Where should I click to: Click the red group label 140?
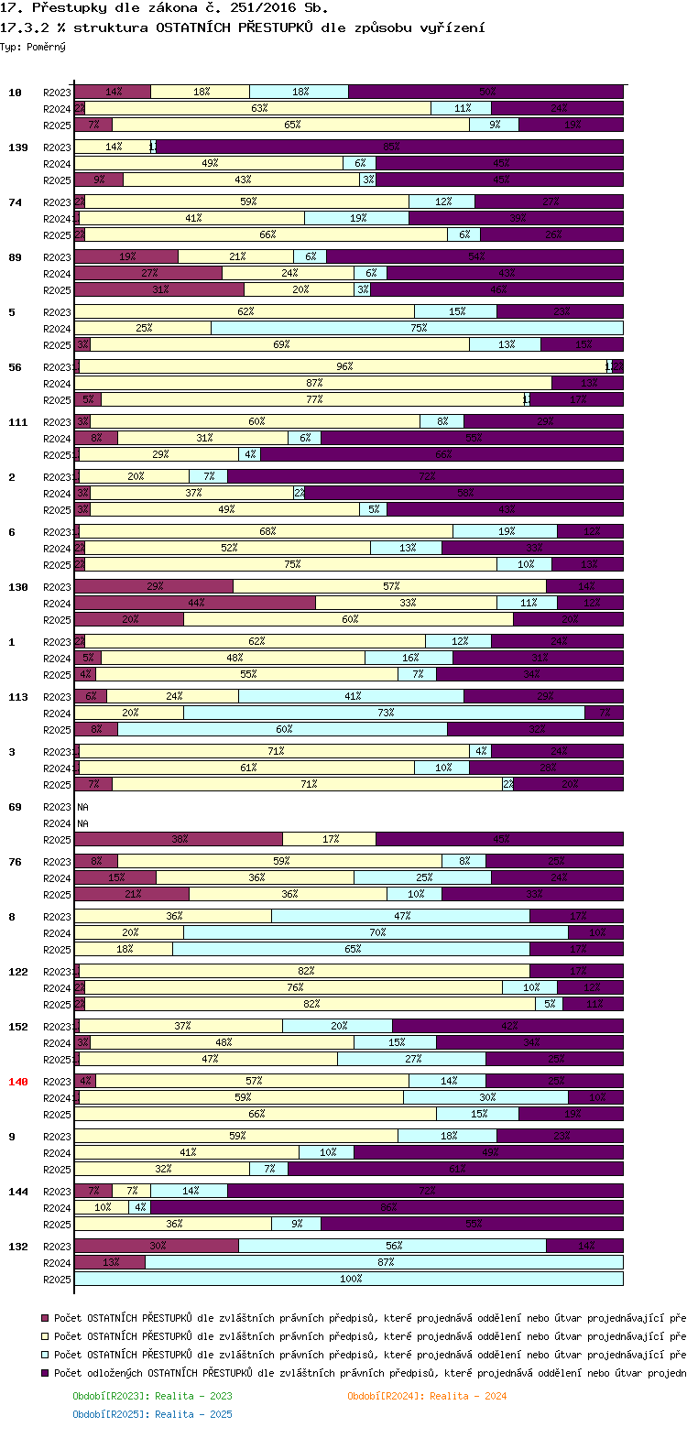tap(18, 1082)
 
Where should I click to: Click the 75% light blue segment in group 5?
tap(417, 328)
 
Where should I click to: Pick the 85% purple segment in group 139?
tap(390, 147)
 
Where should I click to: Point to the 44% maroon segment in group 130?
tap(195, 603)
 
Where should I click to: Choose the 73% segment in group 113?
tap(384, 713)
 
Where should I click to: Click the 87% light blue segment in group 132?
tap(384, 1262)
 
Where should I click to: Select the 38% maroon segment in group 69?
tap(179, 839)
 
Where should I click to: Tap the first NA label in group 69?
tap(82, 807)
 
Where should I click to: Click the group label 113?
tap(18, 697)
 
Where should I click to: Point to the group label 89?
tap(15, 257)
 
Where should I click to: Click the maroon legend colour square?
tap(45, 1318)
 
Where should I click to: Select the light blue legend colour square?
tap(45, 1355)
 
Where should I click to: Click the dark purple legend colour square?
tap(45, 1373)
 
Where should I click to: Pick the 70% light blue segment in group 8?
tap(376, 932)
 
